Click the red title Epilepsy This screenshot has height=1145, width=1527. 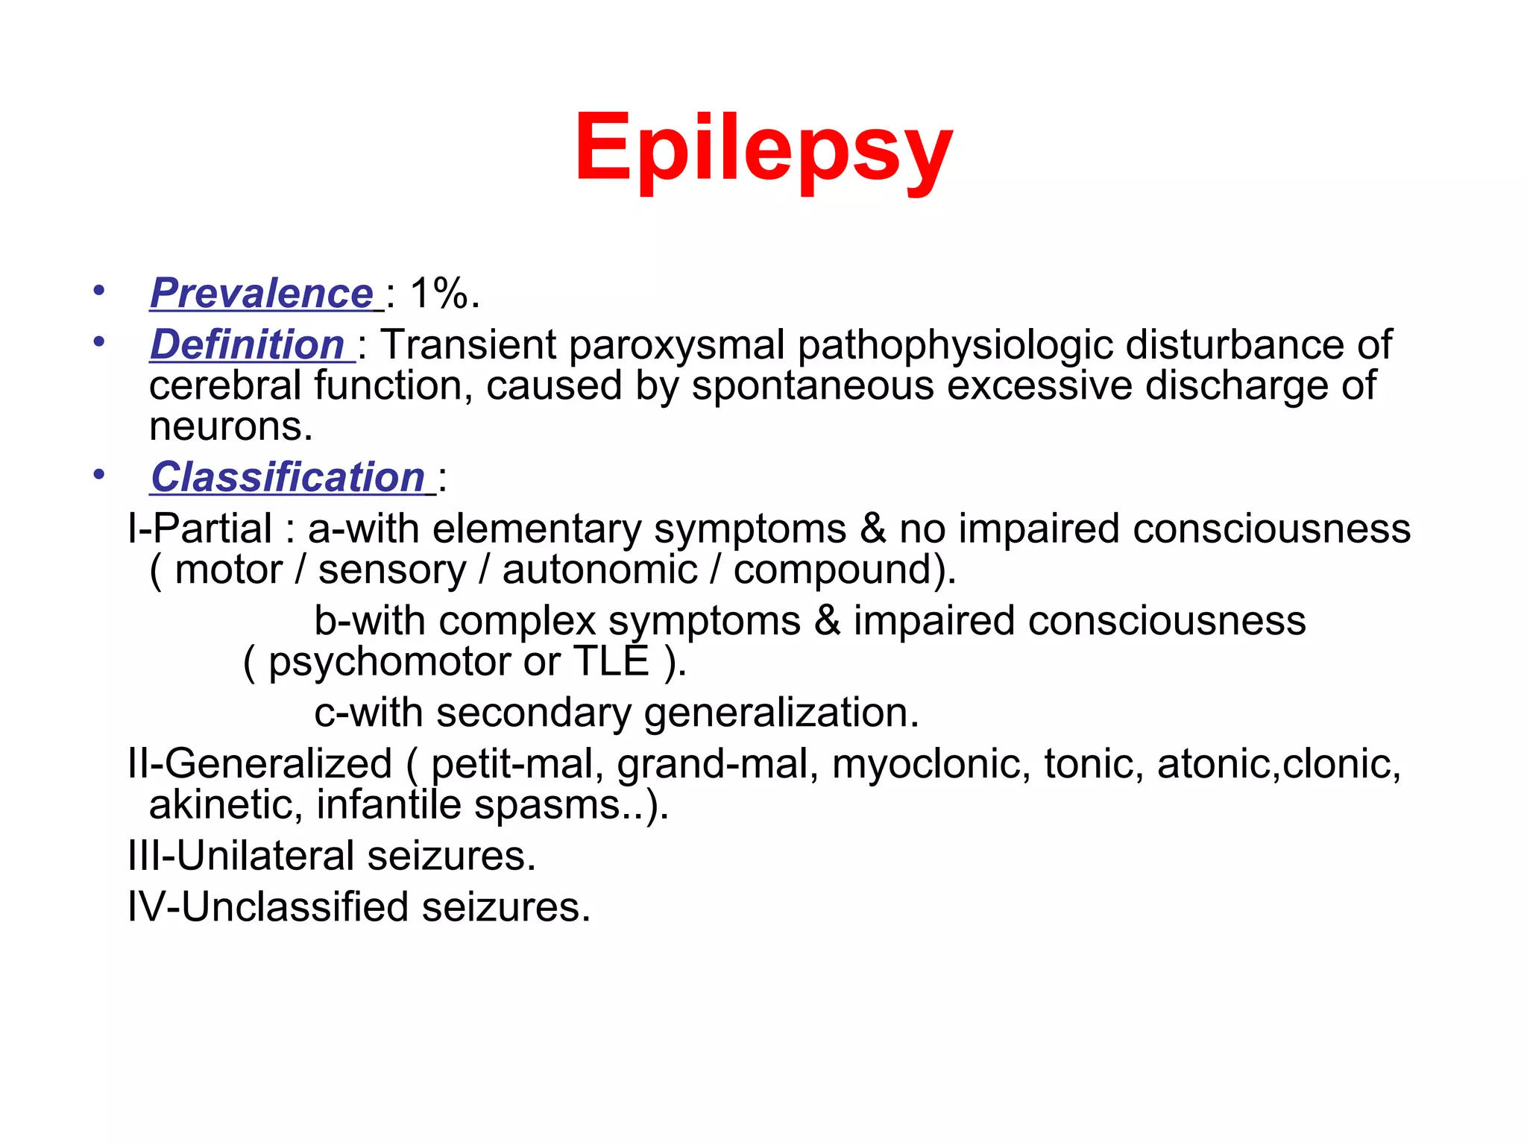tap(763, 149)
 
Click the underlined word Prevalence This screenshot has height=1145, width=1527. tap(262, 293)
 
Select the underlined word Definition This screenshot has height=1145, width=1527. tap(248, 344)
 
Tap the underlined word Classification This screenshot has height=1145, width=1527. tap(288, 477)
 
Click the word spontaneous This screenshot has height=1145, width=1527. tap(813, 386)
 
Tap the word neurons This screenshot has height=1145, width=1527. tap(230, 426)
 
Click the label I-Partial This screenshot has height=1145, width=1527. tap(200, 529)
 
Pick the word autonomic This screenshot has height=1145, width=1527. tap(599, 570)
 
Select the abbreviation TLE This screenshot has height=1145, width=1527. tap(611, 661)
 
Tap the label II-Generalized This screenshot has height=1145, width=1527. tap(259, 764)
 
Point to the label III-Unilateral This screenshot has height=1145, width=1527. tap(241, 856)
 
